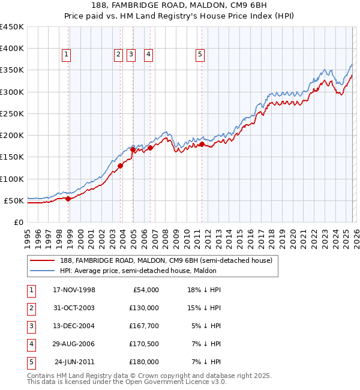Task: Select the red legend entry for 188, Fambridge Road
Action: coord(166,260)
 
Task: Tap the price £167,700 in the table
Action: coord(144,326)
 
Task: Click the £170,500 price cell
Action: coord(144,344)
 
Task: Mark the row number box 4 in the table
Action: coord(31,344)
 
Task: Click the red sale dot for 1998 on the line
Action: coord(68,199)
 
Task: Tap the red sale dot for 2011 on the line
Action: coord(202,144)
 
